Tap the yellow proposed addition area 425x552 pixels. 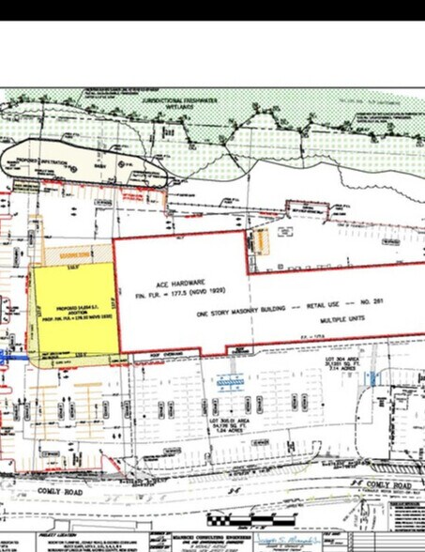[71, 310]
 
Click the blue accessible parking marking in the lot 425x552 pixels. [226, 381]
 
